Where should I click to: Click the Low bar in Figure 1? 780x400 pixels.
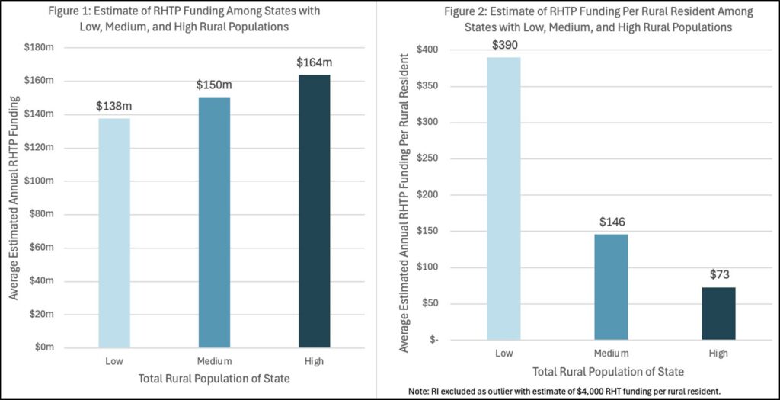coord(114,232)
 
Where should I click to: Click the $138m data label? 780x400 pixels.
coord(114,106)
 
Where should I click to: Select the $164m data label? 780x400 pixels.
coord(314,62)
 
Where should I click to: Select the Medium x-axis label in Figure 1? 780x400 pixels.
coord(214,360)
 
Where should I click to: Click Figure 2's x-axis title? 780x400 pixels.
coord(607,373)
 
